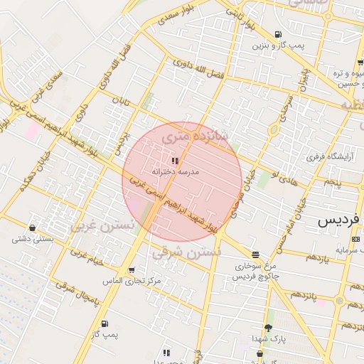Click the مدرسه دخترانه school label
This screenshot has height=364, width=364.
point(176,171)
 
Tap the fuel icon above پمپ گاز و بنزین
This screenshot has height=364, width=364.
point(277,35)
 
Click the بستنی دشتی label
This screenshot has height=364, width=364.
point(33,239)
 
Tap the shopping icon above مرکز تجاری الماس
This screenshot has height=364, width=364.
point(132,270)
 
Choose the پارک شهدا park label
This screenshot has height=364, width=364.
point(268,339)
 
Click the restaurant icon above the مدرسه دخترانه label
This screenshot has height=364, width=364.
point(175,161)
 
